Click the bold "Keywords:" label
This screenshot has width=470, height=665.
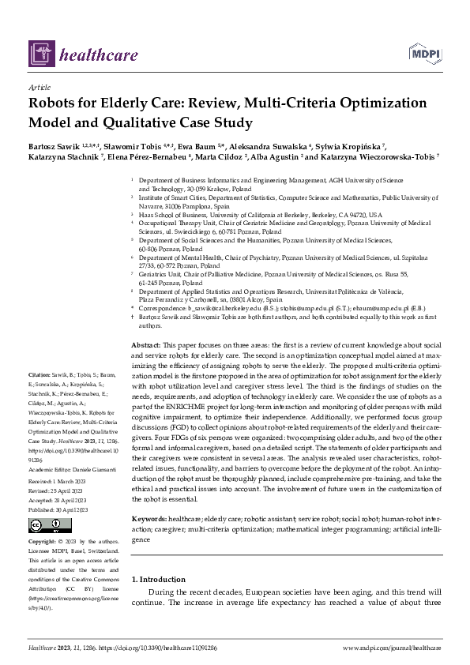coord(149,518)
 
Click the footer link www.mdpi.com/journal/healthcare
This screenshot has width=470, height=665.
coord(393,648)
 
